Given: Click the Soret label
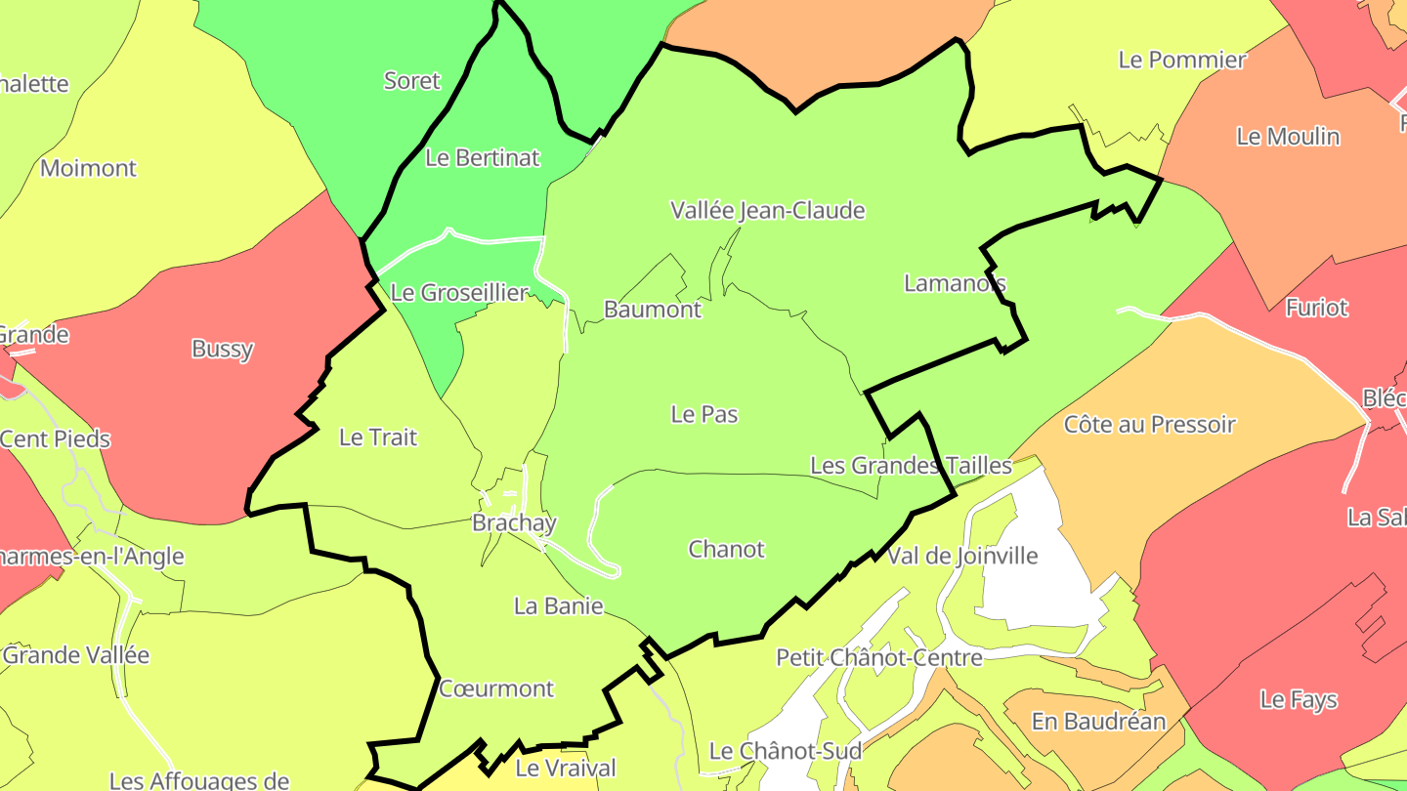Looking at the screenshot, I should point(411,81).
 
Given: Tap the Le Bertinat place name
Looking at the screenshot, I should point(482,157).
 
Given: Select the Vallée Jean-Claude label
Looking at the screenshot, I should point(767,210).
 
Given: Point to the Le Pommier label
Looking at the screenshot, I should point(1181,60).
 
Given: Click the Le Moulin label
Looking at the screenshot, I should point(1288,137).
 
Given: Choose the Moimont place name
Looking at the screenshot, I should point(88,168).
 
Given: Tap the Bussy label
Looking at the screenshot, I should point(222,349).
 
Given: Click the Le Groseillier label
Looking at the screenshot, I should point(458,292).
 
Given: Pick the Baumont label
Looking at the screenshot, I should point(652,310).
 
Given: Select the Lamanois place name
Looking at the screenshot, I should point(955,283).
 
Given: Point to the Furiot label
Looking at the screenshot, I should point(1316,308).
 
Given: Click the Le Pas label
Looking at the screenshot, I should point(703,414).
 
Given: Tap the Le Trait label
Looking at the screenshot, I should point(377,437).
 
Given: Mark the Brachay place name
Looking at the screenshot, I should point(514,522).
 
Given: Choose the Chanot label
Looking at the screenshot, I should point(726,549).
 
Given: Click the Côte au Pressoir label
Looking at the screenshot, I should point(1149,425).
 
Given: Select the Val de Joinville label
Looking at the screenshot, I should point(961,557).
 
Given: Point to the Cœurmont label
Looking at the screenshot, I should point(496,688).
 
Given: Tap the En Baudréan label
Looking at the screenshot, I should point(1098,722).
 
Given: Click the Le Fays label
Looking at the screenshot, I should point(1298,699).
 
